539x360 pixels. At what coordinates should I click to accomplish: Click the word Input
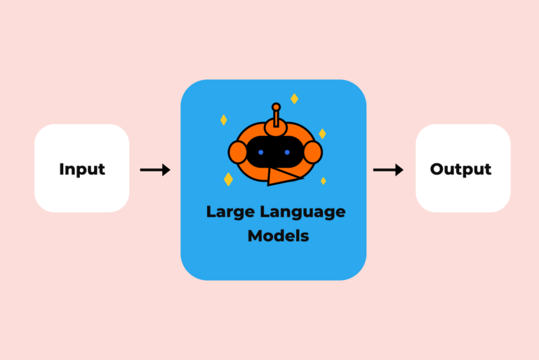82,169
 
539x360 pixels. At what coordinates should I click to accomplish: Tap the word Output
460,169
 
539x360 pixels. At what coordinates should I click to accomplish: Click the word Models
278,236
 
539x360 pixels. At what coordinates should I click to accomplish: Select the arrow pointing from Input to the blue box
155,170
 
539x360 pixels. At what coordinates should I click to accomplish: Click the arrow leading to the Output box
388,170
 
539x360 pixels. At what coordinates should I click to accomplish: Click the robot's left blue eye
260,152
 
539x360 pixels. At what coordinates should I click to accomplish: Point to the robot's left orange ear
238,152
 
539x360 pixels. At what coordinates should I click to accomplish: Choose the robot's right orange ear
313,152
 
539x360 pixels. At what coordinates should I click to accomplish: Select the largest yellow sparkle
228,180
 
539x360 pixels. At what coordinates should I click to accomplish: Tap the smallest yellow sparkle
324,181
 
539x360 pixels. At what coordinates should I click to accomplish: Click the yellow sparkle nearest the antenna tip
294,99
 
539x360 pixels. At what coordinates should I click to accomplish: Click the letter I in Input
62,169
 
